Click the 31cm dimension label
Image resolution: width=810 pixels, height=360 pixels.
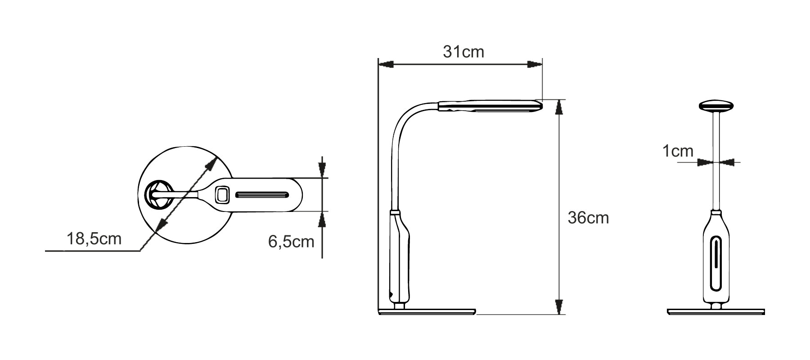[463, 52]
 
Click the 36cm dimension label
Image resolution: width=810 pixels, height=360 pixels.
[588, 218]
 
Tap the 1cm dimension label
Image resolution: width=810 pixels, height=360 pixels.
[678, 151]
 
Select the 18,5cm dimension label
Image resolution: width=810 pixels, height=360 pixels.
[94, 238]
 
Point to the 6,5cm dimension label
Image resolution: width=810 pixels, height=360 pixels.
[291, 242]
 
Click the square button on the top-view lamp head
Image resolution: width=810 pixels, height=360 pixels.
[222, 195]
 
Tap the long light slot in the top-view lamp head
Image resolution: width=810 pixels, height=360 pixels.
[262, 195]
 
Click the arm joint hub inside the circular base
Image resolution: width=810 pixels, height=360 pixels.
[158, 194]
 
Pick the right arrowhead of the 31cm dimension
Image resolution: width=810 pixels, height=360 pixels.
[534, 64]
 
